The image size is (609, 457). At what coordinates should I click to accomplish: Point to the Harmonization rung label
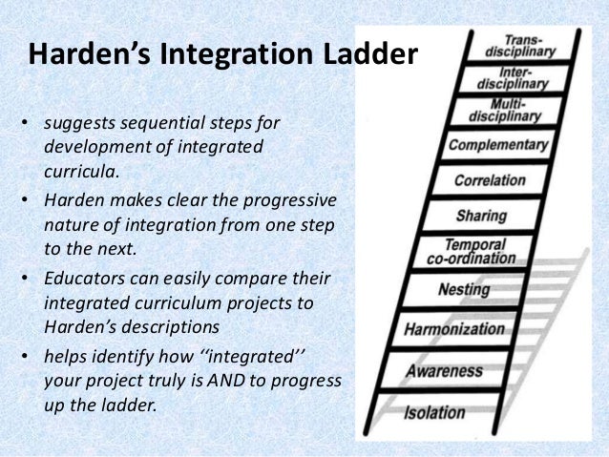pyautogui.click(x=455, y=328)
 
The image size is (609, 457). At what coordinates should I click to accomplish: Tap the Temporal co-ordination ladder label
pyautogui.click(x=478, y=250)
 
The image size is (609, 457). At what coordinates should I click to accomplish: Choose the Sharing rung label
pyautogui.click(x=480, y=215)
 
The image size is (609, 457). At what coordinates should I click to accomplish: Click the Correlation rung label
pyautogui.click(x=490, y=179)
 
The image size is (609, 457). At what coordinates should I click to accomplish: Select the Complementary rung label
pyautogui.click(x=498, y=146)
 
